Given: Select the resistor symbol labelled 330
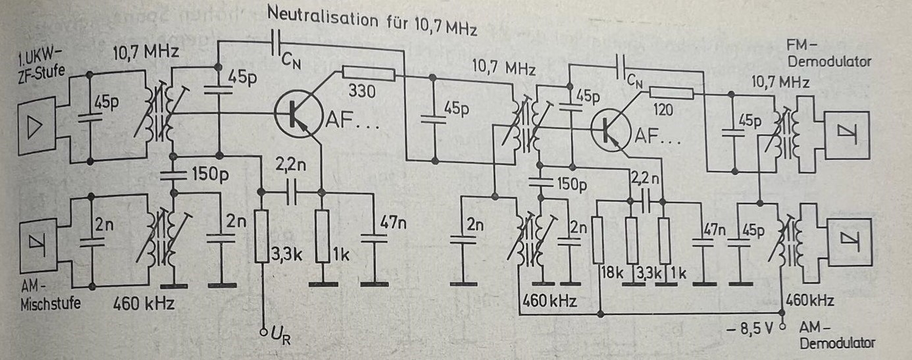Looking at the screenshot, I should point(368,74).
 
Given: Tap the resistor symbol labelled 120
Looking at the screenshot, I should point(671,93).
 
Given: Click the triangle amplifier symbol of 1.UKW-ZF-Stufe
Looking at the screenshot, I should point(32,128).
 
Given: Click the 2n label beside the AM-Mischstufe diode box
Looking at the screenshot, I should point(103,226).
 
